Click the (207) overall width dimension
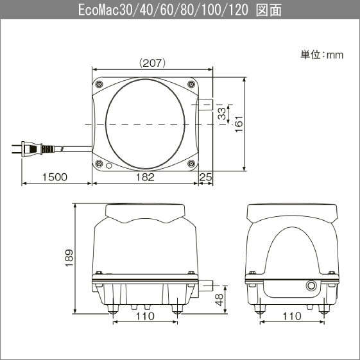(x=152, y=63)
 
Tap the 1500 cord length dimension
(x=55, y=177)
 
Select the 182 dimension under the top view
(x=145, y=177)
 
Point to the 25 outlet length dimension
(x=205, y=177)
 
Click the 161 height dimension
(x=239, y=124)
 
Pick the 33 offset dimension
(x=222, y=114)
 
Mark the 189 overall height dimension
(x=69, y=258)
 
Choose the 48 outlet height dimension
(x=219, y=300)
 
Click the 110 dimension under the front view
(x=145, y=316)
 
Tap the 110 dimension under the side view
(x=292, y=316)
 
